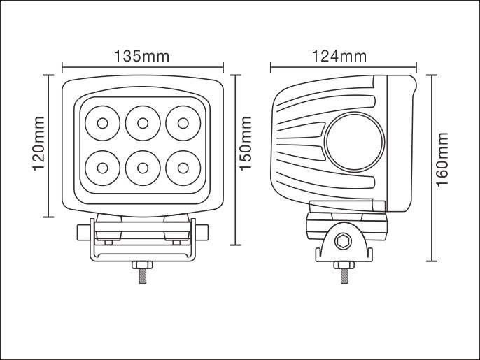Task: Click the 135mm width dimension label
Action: [142, 57]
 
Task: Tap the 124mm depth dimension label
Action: [339, 57]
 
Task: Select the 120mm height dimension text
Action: [39, 143]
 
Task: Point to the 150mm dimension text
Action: [245, 143]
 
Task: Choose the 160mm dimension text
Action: [442, 159]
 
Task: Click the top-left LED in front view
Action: [102, 123]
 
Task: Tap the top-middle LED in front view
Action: [143, 123]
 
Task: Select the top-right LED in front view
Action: [183, 123]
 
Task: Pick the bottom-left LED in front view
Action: [102, 168]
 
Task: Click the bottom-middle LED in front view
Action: [143, 168]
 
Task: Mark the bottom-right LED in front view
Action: [183, 168]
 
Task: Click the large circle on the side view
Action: [354, 142]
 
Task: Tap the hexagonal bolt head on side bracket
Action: [342, 241]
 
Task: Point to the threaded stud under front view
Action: [143, 276]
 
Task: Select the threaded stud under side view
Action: [344, 276]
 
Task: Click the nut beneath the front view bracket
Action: [143, 265]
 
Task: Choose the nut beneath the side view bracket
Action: [344, 265]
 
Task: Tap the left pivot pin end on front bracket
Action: [83, 233]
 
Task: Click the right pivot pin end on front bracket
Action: [202, 233]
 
